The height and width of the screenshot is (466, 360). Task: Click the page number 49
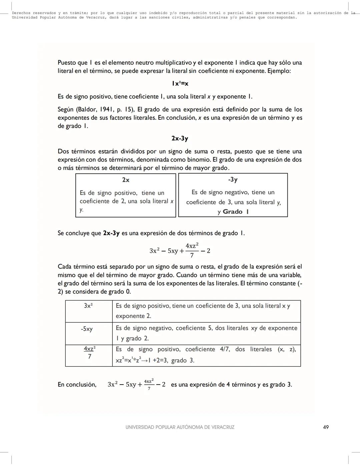326,427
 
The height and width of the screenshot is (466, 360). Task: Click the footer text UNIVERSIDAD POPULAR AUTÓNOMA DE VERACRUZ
180,427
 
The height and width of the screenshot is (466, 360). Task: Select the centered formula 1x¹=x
180,83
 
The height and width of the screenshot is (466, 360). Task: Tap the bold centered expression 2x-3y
180,138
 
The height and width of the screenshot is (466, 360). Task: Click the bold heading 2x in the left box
126,180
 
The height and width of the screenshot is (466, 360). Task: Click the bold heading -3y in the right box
233,180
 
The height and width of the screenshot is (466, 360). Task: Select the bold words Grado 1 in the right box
236,212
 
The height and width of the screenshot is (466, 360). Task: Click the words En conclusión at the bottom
77,385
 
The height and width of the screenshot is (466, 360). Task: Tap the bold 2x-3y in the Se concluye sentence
111,233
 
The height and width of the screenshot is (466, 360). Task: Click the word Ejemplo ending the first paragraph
279,71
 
